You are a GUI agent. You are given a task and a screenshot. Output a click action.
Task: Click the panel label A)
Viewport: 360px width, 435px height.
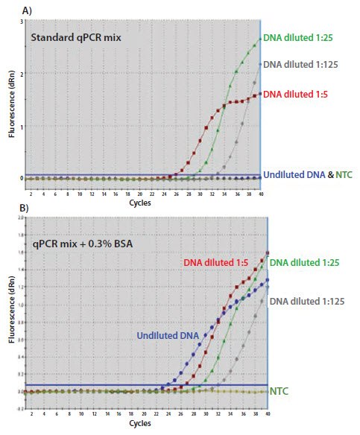coord(11,10)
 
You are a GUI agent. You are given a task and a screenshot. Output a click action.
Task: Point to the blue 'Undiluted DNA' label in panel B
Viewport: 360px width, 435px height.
coord(168,336)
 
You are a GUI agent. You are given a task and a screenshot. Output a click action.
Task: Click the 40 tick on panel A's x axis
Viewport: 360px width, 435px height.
coord(260,193)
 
